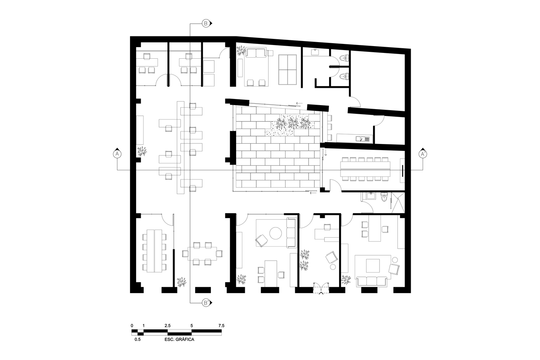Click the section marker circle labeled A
point(117,154)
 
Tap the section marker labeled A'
point(423,154)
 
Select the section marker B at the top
point(206,23)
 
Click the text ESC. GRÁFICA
point(176,339)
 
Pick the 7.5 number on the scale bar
point(221,325)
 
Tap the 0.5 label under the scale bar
point(138,339)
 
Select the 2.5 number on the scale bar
point(167,325)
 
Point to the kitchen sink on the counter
point(362,139)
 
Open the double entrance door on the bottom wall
point(321,288)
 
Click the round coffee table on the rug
point(276,233)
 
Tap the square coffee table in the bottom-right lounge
point(373,266)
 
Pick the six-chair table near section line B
point(202,254)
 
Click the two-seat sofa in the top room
point(256,54)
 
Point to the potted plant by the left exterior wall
point(142,151)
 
